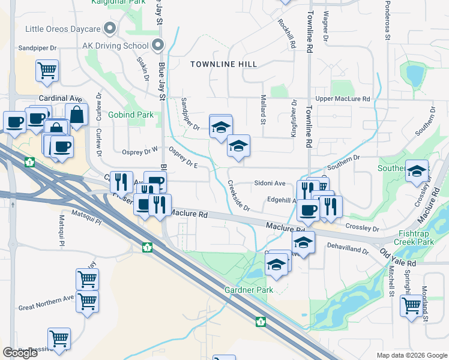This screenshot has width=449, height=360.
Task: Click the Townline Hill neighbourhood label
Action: (223, 64)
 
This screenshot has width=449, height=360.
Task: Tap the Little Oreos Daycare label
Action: (62, 28)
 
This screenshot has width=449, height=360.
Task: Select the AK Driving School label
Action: (115, 45)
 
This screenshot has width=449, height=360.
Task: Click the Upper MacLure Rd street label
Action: (343, 98)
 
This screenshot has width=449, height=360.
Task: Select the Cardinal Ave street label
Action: (60, 98)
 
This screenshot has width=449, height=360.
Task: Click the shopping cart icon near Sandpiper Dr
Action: (47, 70)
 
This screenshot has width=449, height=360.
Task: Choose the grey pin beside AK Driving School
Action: (157, 44)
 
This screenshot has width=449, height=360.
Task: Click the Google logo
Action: (20, 353)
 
